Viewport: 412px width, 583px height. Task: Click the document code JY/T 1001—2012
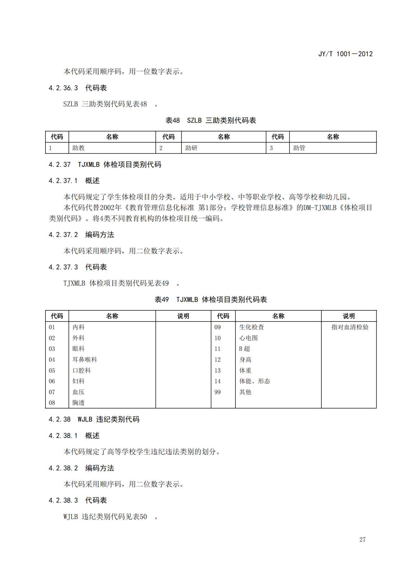[x=345, y=54]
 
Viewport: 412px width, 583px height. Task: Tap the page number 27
[x=362, y=539]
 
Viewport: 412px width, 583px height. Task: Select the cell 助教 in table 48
[x=78, y=148]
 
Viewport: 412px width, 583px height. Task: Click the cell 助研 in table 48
[x=191, y=148]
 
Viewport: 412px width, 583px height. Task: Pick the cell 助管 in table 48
[x=299, y=148]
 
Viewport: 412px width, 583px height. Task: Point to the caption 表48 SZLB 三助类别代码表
[x=211, y=121]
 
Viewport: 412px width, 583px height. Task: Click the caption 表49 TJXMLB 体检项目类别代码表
[x=211, y=300]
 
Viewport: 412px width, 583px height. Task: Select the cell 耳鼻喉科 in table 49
[x=85, y=360]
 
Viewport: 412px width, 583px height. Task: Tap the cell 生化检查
[x=251, y=327]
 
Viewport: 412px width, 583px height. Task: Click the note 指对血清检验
[x=350, y=327]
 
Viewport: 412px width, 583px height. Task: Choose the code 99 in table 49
[x=217, y=392]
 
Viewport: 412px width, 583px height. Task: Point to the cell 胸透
[x=78, y=403]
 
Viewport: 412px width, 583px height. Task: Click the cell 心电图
[x=248, y=338]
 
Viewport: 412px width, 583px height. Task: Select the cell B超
[x=244, y=349]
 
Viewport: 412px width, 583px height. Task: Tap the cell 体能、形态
[x=254, y=381]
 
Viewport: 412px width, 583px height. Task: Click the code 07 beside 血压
[x=52, y=392]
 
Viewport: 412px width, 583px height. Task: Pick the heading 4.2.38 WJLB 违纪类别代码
[x=94, y=419]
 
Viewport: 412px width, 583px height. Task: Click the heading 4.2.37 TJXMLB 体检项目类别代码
[x=105, y=165]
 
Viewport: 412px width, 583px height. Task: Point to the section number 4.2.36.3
[x=63, y=88]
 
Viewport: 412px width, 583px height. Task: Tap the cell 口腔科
[x=82, y=370]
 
